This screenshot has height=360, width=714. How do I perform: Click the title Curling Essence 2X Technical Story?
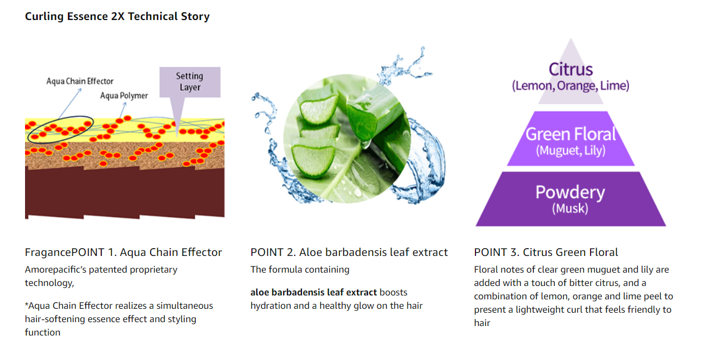(117, 16)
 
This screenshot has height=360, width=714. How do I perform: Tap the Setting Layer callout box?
(190, 82)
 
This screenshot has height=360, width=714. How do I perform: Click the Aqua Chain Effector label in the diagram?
(80, 81)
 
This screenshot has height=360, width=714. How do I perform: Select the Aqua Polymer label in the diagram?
(124, 96)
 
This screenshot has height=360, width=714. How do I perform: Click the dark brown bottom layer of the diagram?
(125, 193)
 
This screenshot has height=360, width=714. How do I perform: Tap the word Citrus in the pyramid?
(571, 69)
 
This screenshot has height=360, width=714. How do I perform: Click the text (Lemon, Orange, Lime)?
(571, 86)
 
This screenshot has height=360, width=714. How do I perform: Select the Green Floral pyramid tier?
(571, 139)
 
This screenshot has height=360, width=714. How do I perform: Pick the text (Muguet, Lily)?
(571, 150)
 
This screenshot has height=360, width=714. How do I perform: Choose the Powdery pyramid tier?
(571, 199)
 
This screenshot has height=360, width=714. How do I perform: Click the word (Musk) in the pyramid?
(570, 209)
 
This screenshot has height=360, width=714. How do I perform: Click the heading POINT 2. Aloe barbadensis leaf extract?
(349, 252)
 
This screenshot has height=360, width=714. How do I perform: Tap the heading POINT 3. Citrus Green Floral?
(546, 252)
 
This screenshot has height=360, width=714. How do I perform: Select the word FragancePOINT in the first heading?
(65, 252)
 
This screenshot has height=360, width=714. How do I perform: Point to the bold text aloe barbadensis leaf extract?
(314, 293)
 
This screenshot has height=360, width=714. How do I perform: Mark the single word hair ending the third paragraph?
(482, 323)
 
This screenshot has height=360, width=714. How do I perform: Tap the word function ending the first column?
(42, 332)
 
